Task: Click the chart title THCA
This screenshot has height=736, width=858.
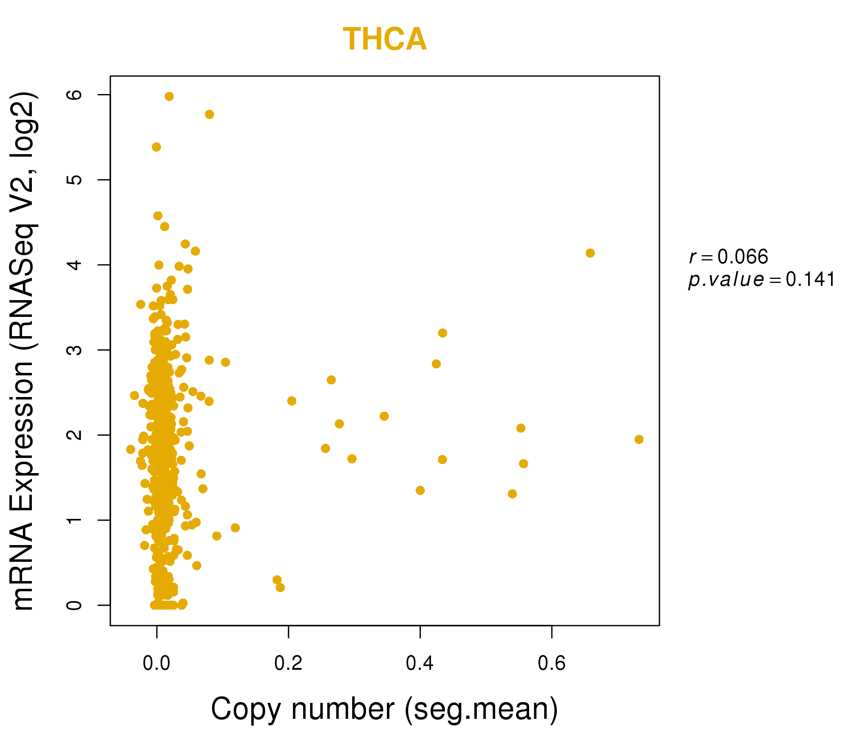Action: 385,39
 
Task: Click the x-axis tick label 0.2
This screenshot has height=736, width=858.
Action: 288,664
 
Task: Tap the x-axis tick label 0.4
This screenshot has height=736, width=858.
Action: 420,664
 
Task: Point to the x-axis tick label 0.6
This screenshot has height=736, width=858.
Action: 552,664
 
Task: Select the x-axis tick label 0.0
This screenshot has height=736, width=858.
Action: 156,664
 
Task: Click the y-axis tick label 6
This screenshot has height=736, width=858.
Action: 74,94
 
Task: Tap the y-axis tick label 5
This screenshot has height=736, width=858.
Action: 74,180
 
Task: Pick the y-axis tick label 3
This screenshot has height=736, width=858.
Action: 74,350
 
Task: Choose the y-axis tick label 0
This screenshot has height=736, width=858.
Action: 74,605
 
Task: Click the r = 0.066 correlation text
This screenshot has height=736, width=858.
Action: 729,256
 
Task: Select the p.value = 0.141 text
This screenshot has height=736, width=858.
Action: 762,279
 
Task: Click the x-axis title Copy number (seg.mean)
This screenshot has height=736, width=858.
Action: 385,709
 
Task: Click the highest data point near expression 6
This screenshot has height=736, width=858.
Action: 169,96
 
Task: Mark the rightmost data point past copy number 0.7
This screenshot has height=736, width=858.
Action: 639,439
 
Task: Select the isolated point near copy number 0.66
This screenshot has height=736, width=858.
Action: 590,253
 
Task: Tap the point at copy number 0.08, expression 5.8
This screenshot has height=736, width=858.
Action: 210,114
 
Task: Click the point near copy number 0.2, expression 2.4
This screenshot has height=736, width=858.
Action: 292,401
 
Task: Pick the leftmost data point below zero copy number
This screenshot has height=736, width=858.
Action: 130,449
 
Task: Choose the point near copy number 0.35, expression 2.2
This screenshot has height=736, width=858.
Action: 384,416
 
